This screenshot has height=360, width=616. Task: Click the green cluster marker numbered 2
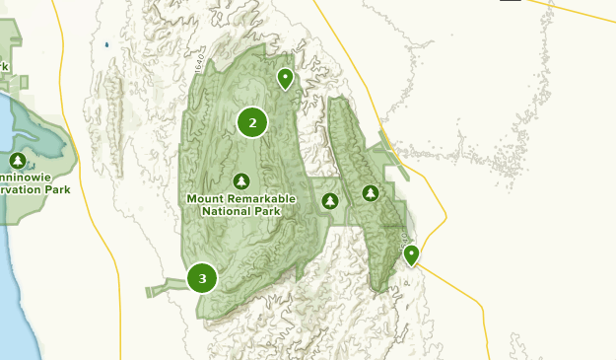pyautogui.click(x=252, y=122)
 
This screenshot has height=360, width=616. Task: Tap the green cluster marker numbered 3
pyautogui.click(x=202, y=278)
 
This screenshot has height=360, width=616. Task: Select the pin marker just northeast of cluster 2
pyautogui.click(x=285, y=78)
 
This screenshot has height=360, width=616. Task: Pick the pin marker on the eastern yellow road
pyautogui.click(x=411, y=255)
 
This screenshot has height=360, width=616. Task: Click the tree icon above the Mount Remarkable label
pyautogui.click(x=241, y=181)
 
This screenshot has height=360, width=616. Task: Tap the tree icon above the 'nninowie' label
pyautogui.click(x=17, y=161)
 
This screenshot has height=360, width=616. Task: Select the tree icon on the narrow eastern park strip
pyautogui.click(x=371, y=193)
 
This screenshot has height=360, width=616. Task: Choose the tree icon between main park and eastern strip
pyautogui.click(x=330, y=201)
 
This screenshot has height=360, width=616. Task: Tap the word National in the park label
pyautogui.click(x=228, y=210)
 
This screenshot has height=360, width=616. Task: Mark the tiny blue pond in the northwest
pyautogui.click(x=105, y=44)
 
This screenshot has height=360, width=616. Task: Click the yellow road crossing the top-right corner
pyautogui.click(x=582, y=14)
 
